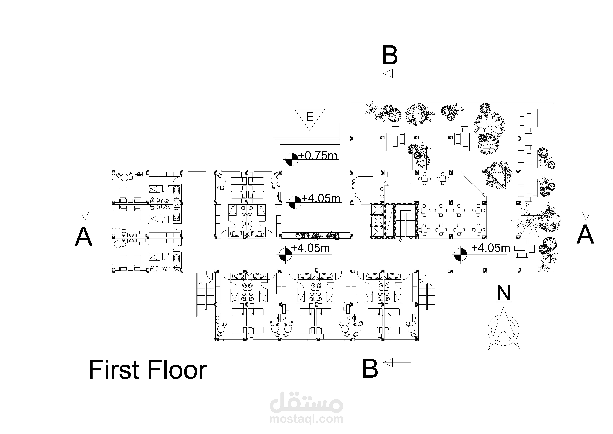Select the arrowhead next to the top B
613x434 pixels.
click(x=388, y=73)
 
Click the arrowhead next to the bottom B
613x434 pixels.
click(x=388, y=362)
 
